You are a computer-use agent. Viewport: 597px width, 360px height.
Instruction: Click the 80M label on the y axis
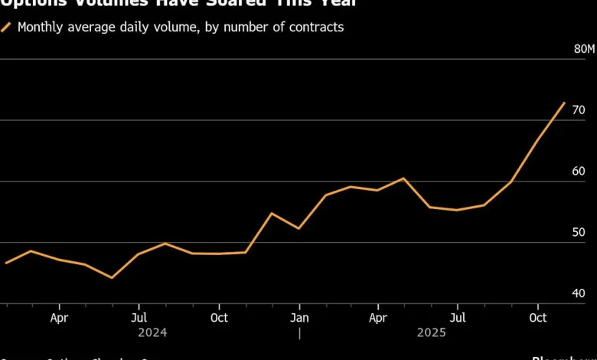pyautogui.click(x=584, y=49)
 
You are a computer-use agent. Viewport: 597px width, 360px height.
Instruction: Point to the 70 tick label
pyautogui.click(x=579, y=110)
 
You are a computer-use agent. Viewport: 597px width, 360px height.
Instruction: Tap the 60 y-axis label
pyautogui.click(x=579, y=172)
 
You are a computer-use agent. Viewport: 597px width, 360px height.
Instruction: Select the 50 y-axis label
pyautogui.click(x=579, y=233)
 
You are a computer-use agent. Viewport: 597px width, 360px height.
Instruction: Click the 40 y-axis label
pyautogui.click(x=579, y=294)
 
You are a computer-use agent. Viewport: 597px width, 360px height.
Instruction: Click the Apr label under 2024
pyautogui.click(x=59, y=317)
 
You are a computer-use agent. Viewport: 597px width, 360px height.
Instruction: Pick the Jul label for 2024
pyautogui.click(x=139, y=317)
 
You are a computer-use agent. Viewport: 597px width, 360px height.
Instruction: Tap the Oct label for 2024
pyautogui.click(x=219, y=317)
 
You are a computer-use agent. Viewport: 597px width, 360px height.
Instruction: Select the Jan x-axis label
pyautogui.click(x=299, y=317)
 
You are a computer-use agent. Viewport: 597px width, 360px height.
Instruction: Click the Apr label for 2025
pyautogui.click(x=378, y=317)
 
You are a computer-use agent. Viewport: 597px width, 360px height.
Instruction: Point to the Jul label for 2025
pyautogui.click(x=458, y=317)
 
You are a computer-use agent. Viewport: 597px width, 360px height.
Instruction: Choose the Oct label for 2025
pyautogui.click(x=538, y=317)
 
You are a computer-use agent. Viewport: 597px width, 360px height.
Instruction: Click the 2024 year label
pyautogui.click(x=152, y=333)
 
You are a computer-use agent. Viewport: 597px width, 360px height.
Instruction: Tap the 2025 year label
pyautogui.click(x=432, y=333)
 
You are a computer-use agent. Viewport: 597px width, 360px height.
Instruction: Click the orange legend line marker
pyautogui.click(x=6, y=28)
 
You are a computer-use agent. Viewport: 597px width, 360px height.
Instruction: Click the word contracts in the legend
pyautogui.click(x=316, y=28)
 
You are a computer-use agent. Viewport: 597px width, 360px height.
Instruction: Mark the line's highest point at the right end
pyautogui.click(x=564, y=103)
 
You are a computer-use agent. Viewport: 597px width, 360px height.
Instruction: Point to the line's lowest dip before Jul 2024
pyautogui.click(x=112, y=277)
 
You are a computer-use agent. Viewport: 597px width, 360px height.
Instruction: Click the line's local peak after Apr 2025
pyautogui.click(x=404, y=178)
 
